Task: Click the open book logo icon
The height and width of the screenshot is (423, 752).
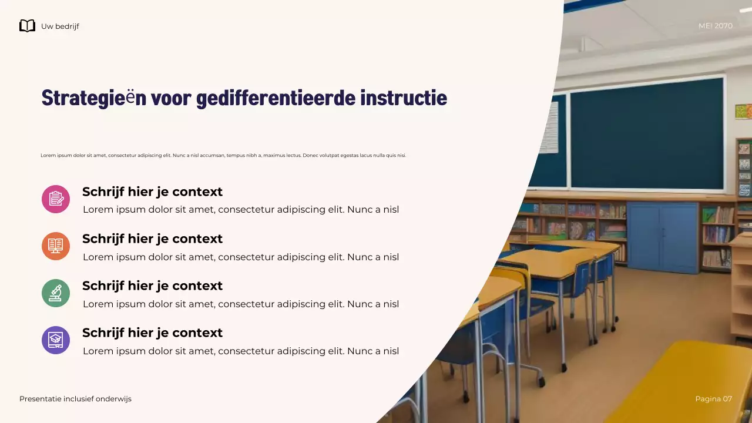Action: (27, 26)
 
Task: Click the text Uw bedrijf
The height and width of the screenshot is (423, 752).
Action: (60, 26)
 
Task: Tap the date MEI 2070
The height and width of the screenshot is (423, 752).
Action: (715, 26)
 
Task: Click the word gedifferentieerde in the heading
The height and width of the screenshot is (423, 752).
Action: (276, 98)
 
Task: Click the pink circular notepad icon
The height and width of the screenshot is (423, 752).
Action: (56, 199)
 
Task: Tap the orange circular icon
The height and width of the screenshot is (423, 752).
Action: (56, 246)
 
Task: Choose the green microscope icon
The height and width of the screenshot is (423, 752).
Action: (56, 293)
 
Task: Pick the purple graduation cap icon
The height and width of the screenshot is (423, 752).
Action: (56, 340)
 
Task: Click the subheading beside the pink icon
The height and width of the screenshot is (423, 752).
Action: (152, 192)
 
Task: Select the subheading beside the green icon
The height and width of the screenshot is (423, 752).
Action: (152, 286)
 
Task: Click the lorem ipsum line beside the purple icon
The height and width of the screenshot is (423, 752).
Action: (241, 351)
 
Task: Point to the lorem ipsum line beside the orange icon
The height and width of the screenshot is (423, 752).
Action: (241, 257)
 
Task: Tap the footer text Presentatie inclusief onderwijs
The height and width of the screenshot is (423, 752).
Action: (75, 399)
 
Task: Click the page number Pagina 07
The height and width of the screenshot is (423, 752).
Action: (713, 399)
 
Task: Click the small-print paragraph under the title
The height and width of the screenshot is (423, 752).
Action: (223, 156)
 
